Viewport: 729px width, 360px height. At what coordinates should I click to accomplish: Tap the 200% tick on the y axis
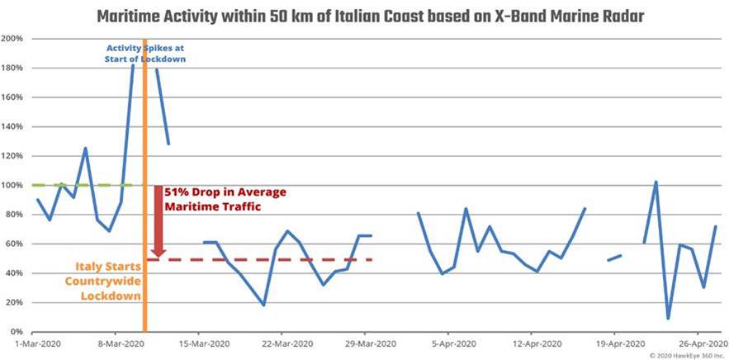point(12,39)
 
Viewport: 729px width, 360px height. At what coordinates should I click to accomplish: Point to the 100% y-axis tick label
point(12,185)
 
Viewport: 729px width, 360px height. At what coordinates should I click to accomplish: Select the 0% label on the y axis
point(17,331)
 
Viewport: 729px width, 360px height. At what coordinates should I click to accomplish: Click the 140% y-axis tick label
point(12,126)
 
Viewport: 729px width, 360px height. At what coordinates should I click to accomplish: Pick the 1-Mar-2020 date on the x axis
point(36,343)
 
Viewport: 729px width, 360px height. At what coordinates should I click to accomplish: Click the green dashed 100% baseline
point(83,185)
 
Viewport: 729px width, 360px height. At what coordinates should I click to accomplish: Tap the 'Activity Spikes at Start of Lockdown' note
point(145,53)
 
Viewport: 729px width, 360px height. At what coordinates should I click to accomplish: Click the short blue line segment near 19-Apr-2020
point(614,258)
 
